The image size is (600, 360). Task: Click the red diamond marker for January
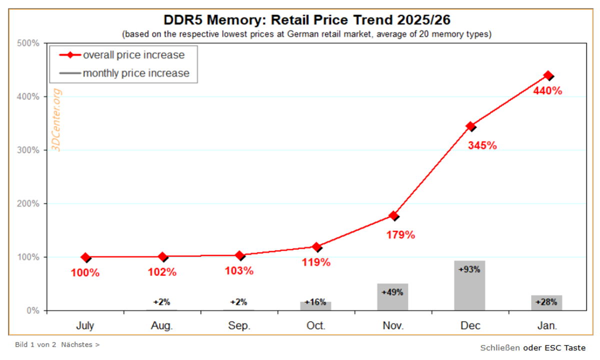pyautogui.click(x=548, y=75)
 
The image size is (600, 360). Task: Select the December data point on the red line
pyautogui.click(x=470, y=126)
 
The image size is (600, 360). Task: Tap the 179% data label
pyautogui.click(x=400, y=234)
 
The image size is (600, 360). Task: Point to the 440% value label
pyautogui.click(x=547, y=91)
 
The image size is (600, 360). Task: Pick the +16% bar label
pyautogui.click(x=315, y=302)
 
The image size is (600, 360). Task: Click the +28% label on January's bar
pyautogui.click(x=546, y=302)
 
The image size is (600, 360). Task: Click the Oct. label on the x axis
pyautogui.click(x=315, y=326)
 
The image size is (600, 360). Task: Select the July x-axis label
pyautogui.click(x=85, y=326)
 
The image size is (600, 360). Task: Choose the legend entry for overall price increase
pyautogui.click(x=122, y=55)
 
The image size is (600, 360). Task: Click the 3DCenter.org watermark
pyautogui.click(x=56, y=120)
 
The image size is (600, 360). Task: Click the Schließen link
pyautogui.click(x=500, y=347)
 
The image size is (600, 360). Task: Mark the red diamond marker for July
pyautogui.click(x=85, y=257)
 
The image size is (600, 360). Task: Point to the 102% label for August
pyautogui.click(x=162, y=273)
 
